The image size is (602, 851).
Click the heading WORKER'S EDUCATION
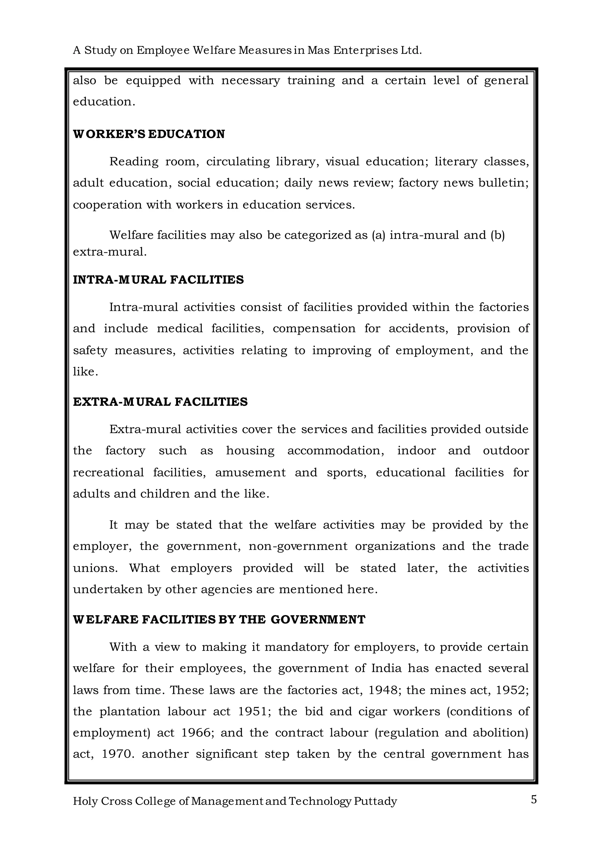[x=149, y=134]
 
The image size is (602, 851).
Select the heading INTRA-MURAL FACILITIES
[x=158, y=280]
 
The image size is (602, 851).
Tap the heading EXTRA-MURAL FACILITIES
[x=160, y=402]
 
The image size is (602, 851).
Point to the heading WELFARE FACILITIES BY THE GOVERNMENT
[x=219, y=619]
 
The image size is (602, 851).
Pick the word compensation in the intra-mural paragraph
[x=314, y=329]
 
